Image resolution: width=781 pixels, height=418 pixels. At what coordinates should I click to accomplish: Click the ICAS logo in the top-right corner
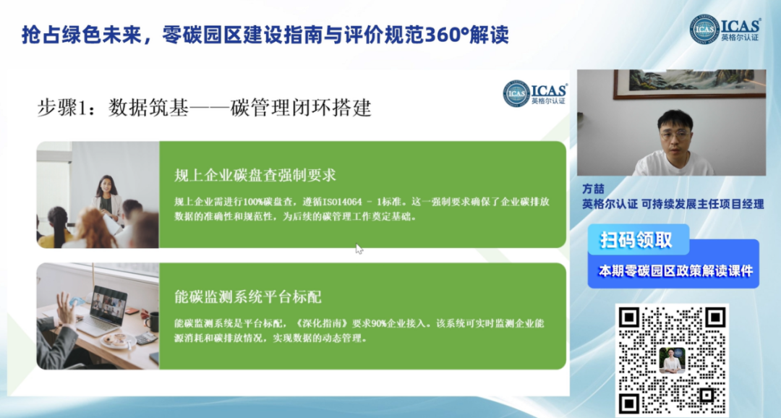pyautogui.click(x=725, y=29)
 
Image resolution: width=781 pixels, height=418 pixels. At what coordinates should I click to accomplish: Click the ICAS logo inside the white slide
pyautogui.click(x=535, y=93)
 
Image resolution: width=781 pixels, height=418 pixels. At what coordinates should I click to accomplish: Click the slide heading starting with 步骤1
pyautogui.click(x=204, y=108)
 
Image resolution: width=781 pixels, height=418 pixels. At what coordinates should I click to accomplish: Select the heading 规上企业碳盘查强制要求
pyautogui.click(x=255, y=175)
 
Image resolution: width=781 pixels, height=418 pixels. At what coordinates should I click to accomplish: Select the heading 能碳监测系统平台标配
pyautogui.click(x=248, y=297)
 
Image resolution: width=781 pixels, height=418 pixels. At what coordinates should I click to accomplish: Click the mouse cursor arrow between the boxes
pyautogui.click(x=359, y=249)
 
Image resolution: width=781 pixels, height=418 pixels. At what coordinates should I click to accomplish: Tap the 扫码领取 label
pyautogui.click(x=636, y=240)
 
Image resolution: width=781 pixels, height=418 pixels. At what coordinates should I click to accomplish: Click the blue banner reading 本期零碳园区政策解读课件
pyautogui.click(x=673, y=270)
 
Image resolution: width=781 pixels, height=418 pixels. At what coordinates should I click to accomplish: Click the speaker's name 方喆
pyautogui.click(x=593, y=189)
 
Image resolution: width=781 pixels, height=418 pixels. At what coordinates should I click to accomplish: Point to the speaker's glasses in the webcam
pyautogui.click(x=675, y=134)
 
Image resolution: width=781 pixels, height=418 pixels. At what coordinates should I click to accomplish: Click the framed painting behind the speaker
pyautogui.click(x=690, y=84)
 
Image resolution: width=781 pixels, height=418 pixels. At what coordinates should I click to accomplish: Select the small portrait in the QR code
pyautogui.click(x=672, y=360)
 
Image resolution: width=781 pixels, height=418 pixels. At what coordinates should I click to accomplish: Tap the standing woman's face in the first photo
pyautogui.click(x=106, y=187)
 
